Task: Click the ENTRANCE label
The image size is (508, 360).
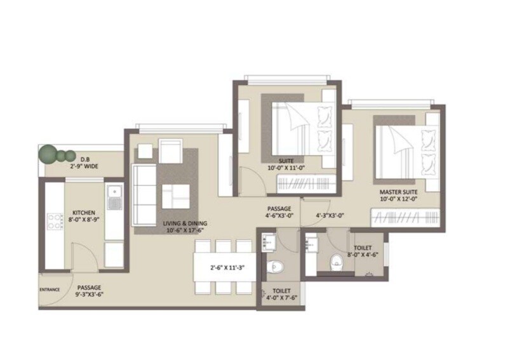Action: (50, 290)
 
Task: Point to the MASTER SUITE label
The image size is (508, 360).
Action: (398, 190)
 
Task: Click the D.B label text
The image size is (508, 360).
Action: (83, 159)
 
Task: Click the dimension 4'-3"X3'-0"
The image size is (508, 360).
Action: (330, 215)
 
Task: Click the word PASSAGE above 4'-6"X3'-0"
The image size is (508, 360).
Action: (279, 208)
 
